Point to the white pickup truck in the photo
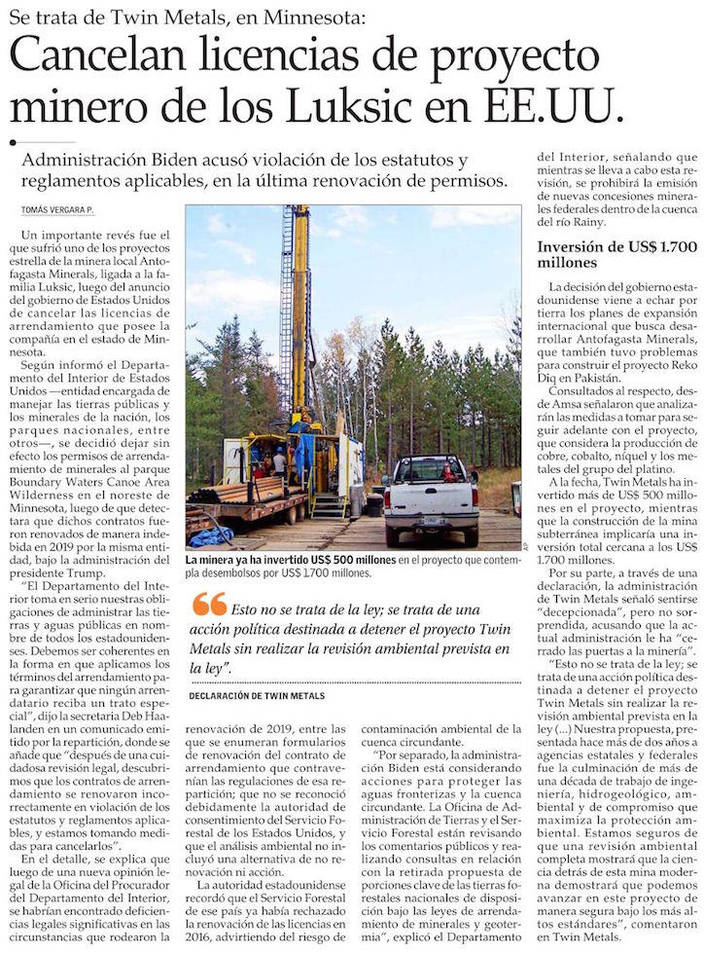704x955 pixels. (x=430, y=496)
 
